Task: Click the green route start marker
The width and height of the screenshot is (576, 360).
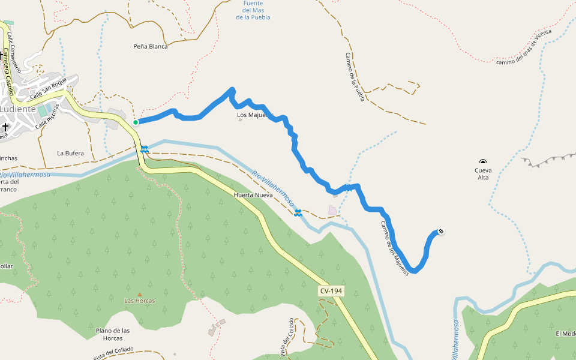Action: tap(136, 122)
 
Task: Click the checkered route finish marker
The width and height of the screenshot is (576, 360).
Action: tap(441, 232)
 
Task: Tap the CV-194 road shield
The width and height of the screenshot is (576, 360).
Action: tap(331, 290)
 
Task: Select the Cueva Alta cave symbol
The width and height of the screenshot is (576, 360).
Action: tap(483, 161)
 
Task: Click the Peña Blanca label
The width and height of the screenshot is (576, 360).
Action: tap(150, 46)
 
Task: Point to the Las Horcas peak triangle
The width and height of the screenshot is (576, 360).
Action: tap(140, 294)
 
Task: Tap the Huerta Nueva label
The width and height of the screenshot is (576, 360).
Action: tap(250, 195)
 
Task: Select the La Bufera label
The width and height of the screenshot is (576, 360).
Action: tap(70, 153)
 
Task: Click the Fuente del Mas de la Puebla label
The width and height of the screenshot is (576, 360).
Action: tap(253, 10)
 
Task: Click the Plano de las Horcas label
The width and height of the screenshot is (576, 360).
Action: tap(113, 334)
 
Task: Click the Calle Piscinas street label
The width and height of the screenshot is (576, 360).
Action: tap(49, 116)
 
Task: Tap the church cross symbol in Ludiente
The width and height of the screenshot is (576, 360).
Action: tap(5, 127)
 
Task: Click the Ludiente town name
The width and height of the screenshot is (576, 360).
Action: tap(17, 109)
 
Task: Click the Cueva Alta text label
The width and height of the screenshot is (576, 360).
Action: tap(483, 174)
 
